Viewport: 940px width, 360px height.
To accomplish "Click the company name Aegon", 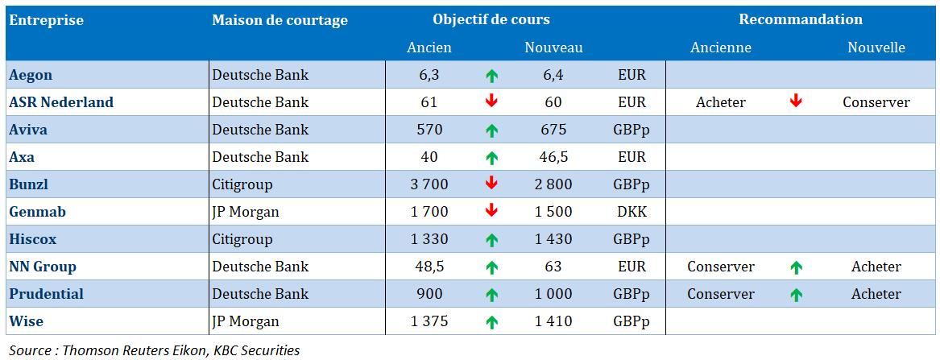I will pos(31,76).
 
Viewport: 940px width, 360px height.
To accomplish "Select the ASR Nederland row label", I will pos(61,103).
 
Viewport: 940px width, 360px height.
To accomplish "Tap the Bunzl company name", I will pos(29,184).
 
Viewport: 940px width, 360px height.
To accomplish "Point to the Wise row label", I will pos(26,321).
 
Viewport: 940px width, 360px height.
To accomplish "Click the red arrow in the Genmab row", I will pos(491,211).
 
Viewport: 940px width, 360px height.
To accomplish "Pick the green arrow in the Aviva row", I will pos(491,130).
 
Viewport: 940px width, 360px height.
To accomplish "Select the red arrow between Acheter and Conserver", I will pos(796,102).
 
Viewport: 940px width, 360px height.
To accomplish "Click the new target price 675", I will pos(553,130).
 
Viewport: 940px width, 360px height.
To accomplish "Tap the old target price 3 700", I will pos(429,184).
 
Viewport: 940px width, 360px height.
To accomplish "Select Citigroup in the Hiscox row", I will pos(242,239).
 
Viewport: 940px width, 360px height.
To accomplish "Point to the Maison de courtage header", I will pos(280,20).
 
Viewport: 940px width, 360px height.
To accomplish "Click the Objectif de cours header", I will pos(491,19).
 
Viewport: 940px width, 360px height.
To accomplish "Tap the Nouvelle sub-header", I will pos(876,48).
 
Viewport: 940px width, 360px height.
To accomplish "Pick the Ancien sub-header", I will pos(429,48).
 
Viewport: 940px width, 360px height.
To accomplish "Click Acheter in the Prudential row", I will pos(876,294).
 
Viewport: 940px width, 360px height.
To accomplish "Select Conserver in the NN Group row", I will pos(721,267).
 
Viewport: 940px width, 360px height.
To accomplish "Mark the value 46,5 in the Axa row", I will pos(553,157).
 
